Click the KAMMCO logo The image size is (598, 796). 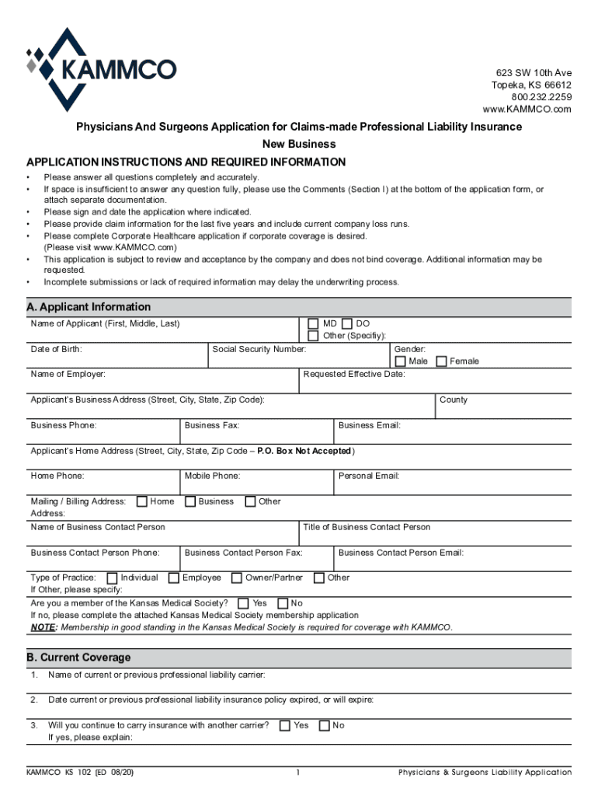pyautogui.click(x=101, y=70)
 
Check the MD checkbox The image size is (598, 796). pyautogui.click(x=313, y=323)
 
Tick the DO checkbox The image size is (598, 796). pyautogui.click(x=346, y=323)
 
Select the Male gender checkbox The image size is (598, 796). pyautogui.click(x=400, y=361)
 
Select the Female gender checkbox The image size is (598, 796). pyautogui.click(x=441, y=361)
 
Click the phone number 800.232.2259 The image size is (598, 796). pyautogui.click(x=541, y=97)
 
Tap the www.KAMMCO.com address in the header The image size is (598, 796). pyautogui.click(x=527, y=110)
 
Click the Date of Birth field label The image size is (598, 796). pyautogui.click(x=57, y=350)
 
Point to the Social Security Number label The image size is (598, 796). pyautogui.click(x=259, y=350)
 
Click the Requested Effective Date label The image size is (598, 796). pyautogui.click(x=354, y=375)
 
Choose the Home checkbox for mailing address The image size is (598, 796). pyautogui.click(x=142, y=501)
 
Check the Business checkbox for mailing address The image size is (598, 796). pyautogui.click(x=190, y=501)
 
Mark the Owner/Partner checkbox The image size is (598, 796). pyautogui.click(x=237, y=578)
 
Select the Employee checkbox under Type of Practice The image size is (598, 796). pyautogui.click(x=175, y=578)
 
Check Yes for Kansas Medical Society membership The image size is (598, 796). pyautogui.click(x=244, y=603)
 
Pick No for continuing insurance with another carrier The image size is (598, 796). pyautogui.click(x=324, y=725)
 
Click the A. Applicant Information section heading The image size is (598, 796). pyautogui.click(x=89, y=307)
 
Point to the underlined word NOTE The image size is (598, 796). pyautogui.click(x=43, y=627)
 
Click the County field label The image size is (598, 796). pyautogui.click(x=454, y=400)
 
